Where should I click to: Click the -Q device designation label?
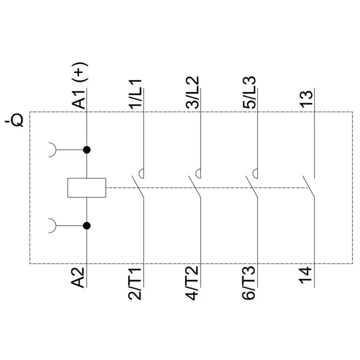[14, 119]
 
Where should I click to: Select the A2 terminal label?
[78, 277]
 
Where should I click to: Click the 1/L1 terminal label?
[136, 94]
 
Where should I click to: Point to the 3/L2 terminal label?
[192, 92]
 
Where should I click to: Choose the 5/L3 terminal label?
[249, 92]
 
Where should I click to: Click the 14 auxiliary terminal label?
[306, 275]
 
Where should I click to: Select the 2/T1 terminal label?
[135, 283]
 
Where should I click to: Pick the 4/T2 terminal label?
[192, 283]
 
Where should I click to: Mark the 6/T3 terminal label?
[249, 283]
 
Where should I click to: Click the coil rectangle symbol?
[87, 188]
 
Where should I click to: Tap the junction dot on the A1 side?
[86, 150]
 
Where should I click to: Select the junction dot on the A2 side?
[86, 226]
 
